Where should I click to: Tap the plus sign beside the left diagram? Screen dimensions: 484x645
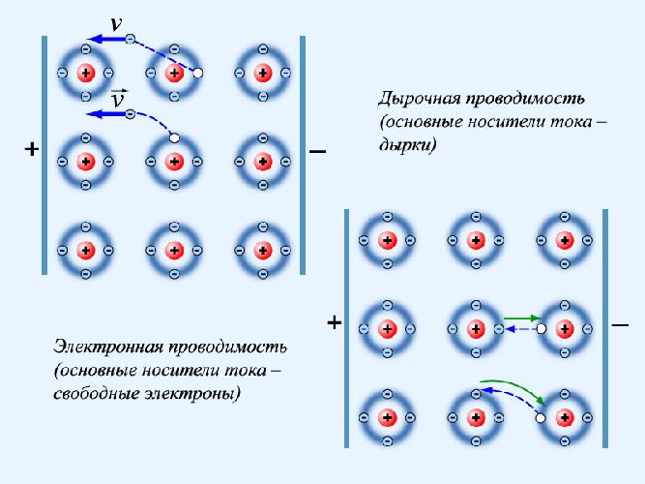click(31, 150)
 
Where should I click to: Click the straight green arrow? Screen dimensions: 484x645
click(521, 318)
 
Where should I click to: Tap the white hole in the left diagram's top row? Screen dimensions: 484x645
click(198, 73)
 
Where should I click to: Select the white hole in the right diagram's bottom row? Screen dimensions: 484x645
click(541, 417)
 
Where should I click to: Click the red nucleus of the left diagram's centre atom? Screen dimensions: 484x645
click(174, 160)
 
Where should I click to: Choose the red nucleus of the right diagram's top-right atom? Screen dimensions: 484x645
click(564, 239)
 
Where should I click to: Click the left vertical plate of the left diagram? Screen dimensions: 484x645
click(45, 155)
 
